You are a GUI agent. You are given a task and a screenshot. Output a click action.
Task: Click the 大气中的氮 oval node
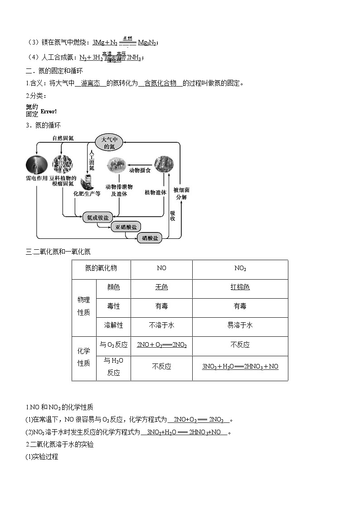tap(109, 142)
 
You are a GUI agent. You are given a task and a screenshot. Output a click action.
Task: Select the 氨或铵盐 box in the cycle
tap(97, 218)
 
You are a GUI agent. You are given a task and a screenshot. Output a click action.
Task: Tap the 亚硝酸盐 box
tap(126, 228)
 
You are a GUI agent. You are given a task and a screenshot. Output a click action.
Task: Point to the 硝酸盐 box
tap(150, 238)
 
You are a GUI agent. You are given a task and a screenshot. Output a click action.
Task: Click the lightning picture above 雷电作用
tap(37, 164)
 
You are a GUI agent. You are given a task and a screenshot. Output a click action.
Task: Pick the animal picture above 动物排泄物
tap(116, 165)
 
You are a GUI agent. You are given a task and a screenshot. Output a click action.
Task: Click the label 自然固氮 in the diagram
tap(63, 139)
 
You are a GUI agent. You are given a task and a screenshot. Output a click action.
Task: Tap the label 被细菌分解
tap(180, 194)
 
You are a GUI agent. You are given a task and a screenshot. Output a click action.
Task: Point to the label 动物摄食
tap(140, 170)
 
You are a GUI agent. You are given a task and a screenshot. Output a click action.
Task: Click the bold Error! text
tap(49, 111)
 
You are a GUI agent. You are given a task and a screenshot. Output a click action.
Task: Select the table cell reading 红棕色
tap(240, 287)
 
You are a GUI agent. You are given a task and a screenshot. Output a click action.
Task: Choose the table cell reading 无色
tap(161, 287)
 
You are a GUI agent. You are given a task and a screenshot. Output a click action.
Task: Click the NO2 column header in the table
tap(240, 268)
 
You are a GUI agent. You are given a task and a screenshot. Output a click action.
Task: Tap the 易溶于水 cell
tap(240, 325)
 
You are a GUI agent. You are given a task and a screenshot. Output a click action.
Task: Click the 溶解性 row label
tap(113, 325)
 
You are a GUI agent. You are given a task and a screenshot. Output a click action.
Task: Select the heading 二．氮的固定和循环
tap(54, 71)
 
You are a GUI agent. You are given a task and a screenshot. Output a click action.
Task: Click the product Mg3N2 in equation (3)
tap(147, 43)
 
